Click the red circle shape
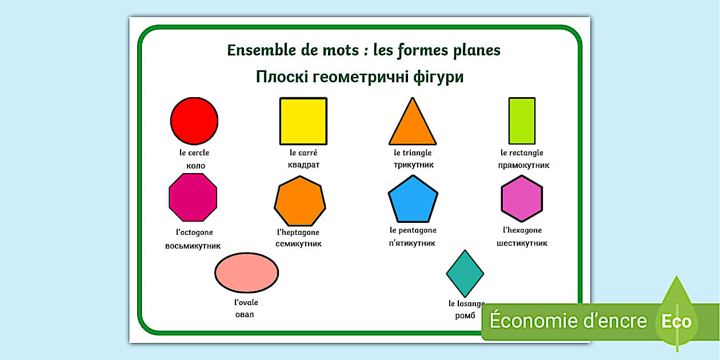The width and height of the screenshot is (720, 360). click(x=194, y=121)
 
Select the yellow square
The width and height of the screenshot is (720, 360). click(x=303, y=121)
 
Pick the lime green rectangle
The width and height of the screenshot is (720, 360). click(x=522, y=121)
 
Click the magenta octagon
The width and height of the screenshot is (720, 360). click(x=193, y=197)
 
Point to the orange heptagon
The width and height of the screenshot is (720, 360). click(x=300, y=201)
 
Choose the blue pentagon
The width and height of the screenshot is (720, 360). click(x=413, y=199)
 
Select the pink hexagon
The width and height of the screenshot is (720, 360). click(x=522, y=199)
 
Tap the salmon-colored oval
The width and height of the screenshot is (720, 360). click(x=246, y=273)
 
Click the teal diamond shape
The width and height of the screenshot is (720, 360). click(x=465, y=274)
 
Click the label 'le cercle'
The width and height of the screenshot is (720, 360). click(x=194, y=153)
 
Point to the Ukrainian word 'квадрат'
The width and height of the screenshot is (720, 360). click(x=304, y=165)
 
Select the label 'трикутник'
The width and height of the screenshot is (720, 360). click(x=414, y=165)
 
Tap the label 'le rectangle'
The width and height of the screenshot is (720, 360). click(x=522, y=153)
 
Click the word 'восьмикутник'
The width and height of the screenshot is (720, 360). click(x=193, y=246)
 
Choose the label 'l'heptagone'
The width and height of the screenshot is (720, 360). click(x=298, y=233)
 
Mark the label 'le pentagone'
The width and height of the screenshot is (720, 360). click(x=413, y=230)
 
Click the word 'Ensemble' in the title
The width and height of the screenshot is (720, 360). click(x=261, y=50)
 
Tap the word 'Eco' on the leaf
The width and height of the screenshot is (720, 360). click(x=677, y=321)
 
